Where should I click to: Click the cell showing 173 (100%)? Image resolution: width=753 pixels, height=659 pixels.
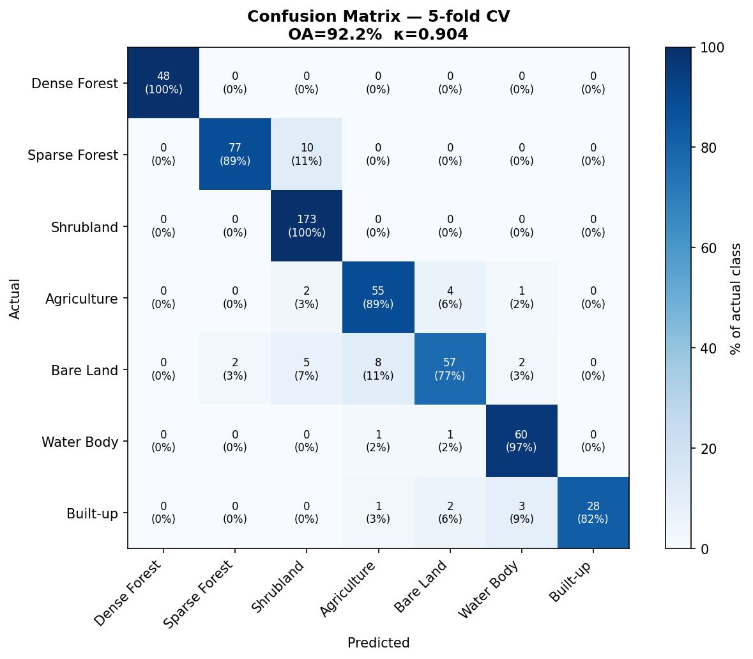point(307,226)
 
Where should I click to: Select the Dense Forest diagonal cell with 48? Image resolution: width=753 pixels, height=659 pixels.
point(164,83)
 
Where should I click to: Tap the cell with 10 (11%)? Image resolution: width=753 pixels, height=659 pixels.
point(307,155)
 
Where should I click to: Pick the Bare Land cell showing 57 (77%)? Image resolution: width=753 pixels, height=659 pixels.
point(450,369)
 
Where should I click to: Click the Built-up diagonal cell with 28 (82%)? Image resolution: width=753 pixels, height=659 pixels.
point(593,513)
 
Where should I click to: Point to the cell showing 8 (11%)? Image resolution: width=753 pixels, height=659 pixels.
point(378,369)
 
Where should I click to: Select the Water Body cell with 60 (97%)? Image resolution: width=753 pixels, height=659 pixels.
point(521,441)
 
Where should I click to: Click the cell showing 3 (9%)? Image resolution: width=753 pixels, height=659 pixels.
point(521,513)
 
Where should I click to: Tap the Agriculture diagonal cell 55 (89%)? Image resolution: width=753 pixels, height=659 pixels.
point(378,298)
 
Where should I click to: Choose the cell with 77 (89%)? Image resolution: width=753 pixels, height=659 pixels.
point(235,155)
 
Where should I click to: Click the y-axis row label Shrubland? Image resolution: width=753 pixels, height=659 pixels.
point(84,227)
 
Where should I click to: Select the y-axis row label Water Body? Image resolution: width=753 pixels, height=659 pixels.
point(80,442)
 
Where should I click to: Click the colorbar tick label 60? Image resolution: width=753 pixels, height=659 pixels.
point(707,248)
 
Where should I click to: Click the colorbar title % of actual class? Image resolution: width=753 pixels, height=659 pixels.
point(736,298)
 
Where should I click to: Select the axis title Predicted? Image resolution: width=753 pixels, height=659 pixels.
point(378,643)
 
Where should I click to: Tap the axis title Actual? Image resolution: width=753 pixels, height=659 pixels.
point(15,298)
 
